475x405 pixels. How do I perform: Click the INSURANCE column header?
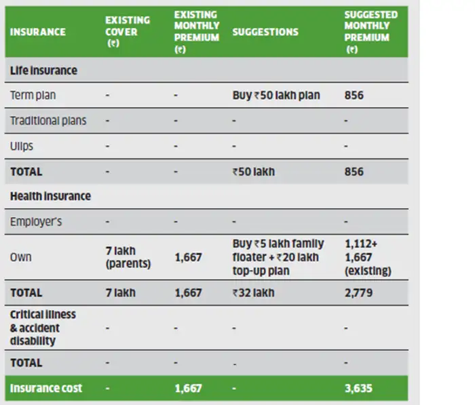(38, 32)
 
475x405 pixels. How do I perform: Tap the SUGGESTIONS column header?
(265, 32)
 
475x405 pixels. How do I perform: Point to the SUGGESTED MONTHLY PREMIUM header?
(370, 32)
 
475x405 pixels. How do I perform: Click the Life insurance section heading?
(43, 71)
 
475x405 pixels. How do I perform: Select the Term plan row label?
(33, 96)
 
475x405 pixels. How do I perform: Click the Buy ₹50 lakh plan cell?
(275, 96)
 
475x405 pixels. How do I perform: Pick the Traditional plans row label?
(48, 121)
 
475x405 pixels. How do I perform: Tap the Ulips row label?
(22, 146)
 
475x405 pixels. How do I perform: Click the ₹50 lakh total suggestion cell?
(253, 172)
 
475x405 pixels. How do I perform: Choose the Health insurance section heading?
(50, 197)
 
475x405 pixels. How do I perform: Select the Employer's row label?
(36, 222)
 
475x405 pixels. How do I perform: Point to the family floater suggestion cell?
(278, 257)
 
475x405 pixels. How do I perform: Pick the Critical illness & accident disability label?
(43, 328)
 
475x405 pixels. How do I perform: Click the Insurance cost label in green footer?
(46, 388)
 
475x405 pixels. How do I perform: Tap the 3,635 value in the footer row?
(357, 388)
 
